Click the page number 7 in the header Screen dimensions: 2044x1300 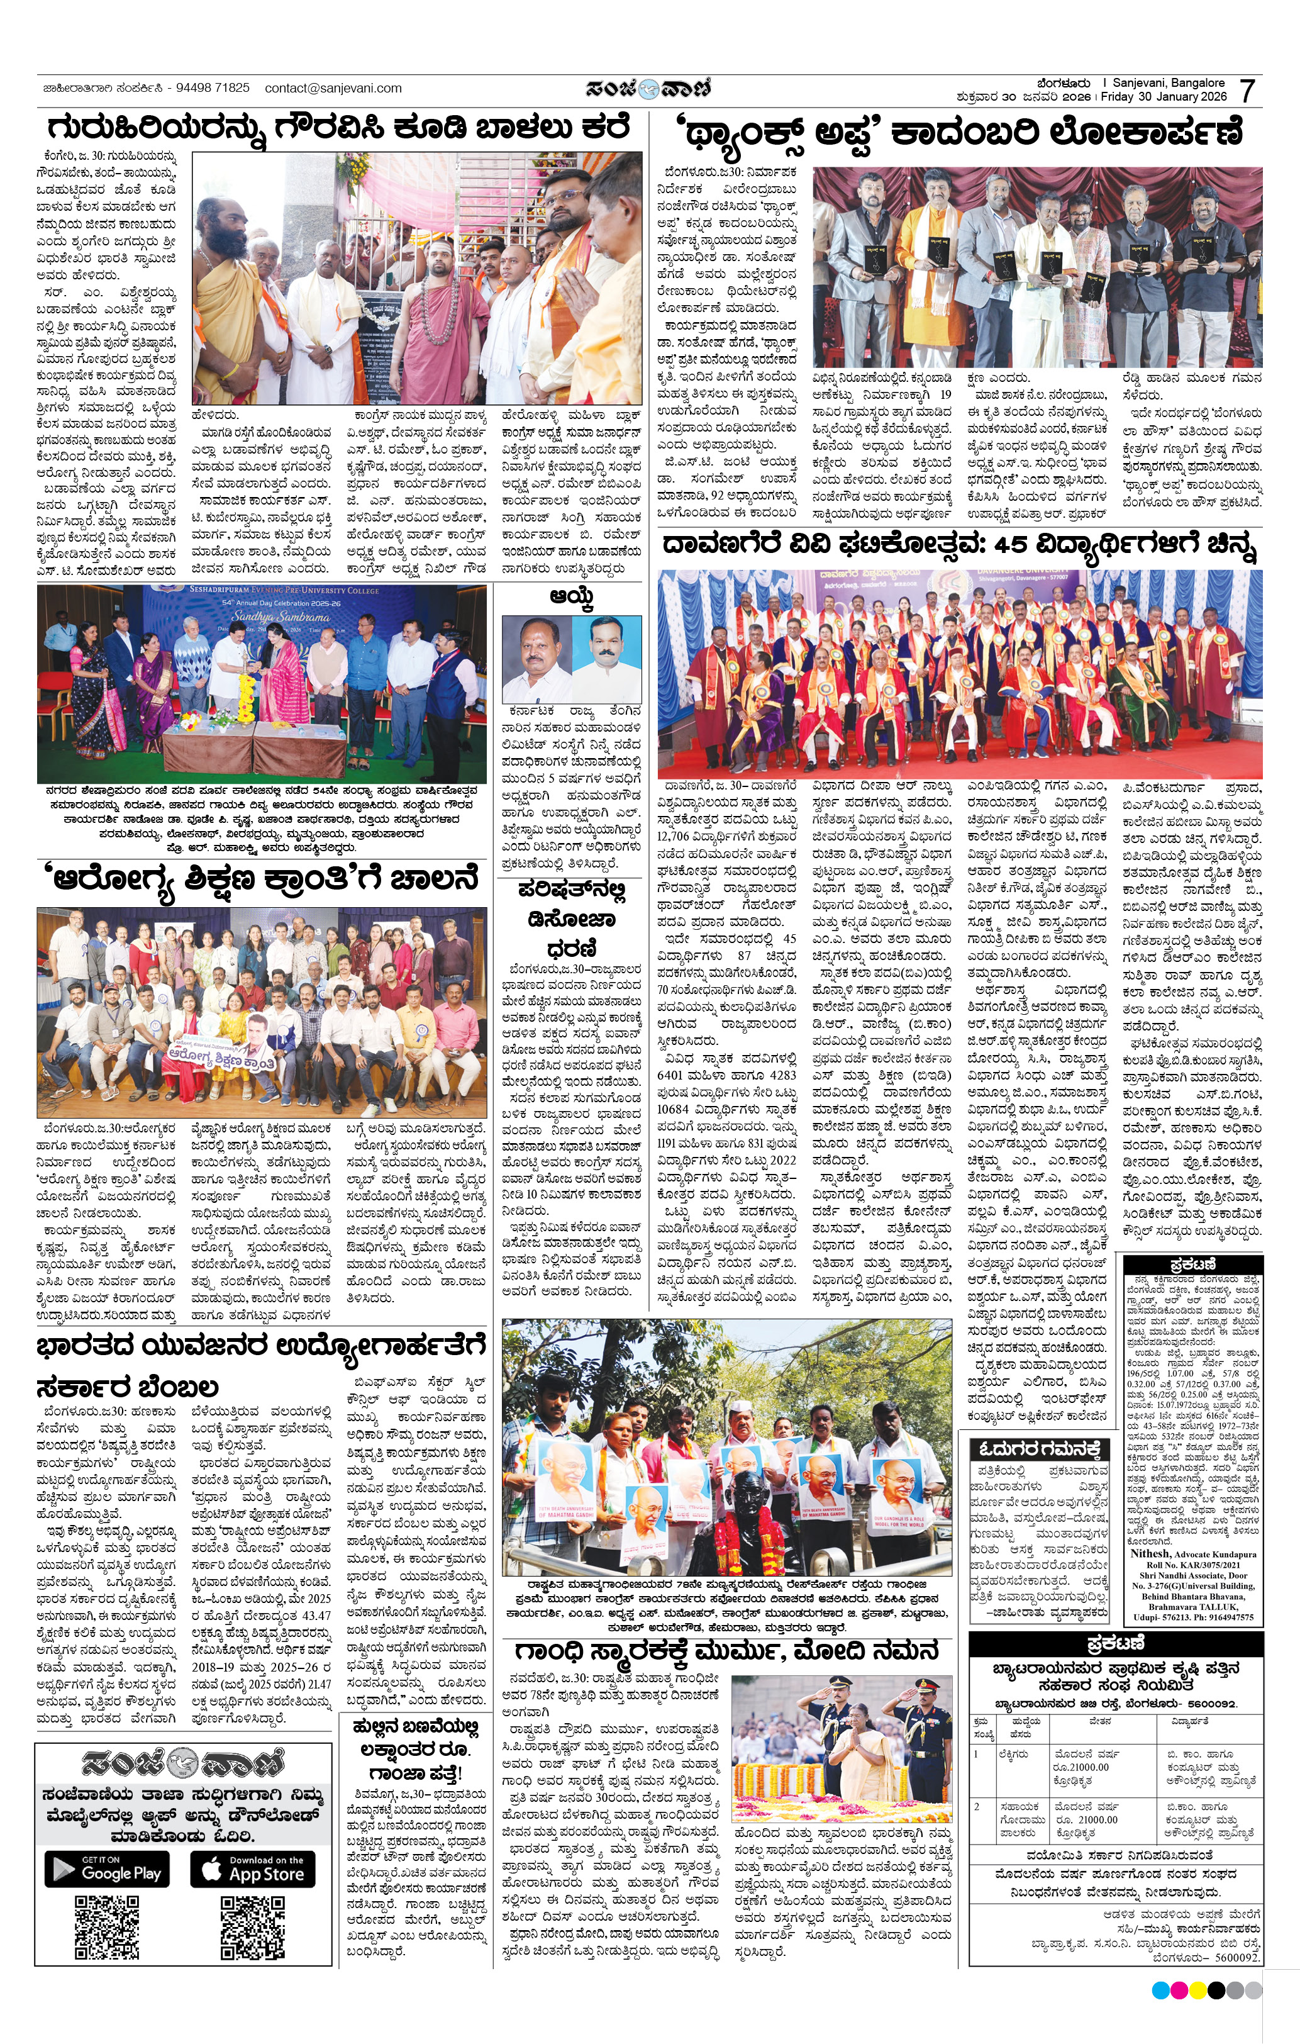[1247, 90]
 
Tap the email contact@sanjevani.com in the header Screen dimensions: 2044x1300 [333, 87]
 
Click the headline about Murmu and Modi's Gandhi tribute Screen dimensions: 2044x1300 [726, 1650]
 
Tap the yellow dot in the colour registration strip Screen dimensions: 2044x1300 [1197, 1991]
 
